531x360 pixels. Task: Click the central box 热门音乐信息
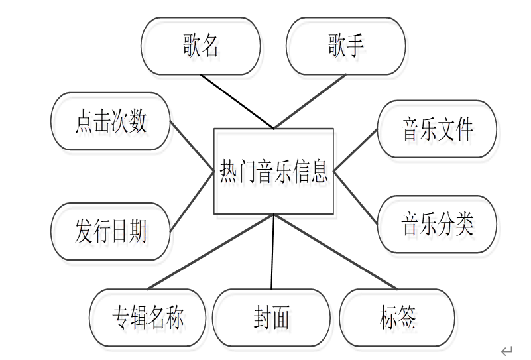(x=273, y=172)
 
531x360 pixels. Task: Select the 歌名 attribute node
(x=200, y=46)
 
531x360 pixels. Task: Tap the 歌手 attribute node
(x=345, y=46)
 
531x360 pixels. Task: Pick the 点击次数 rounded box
(x=111, y=121)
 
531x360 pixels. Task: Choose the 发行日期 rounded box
(x=111, y=231)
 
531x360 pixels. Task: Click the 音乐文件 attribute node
(x=437, y=129)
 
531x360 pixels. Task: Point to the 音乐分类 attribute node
(x=437, y=224)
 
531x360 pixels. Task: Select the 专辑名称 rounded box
(x=147, y=318)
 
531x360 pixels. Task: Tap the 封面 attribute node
(x=271, y=318)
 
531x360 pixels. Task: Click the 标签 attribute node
(x=398, y=318)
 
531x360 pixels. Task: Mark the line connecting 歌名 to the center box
(x=237, y=101)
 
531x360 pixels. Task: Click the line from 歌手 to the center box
(x=310, y=101)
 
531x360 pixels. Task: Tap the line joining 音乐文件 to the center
(x=356, y=151)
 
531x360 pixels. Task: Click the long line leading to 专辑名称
(x=210, y=252)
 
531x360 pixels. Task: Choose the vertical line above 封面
(x=272, y=252)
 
